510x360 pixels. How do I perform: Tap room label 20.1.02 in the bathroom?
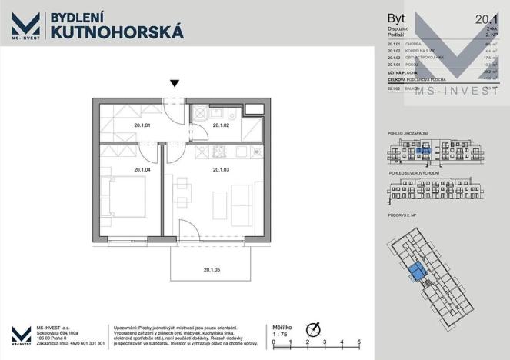coord(222,125)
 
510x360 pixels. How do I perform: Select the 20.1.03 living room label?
coord(222,169)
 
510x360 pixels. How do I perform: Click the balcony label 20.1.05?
coord(212,270)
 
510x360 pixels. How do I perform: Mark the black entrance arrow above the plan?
coord(175,84)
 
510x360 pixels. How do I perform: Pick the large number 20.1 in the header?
coord(485,18)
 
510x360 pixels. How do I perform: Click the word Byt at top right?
coord(396,18)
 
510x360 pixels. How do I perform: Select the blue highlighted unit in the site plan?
coord(417,272)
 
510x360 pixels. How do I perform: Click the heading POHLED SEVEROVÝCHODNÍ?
coord(415,175)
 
